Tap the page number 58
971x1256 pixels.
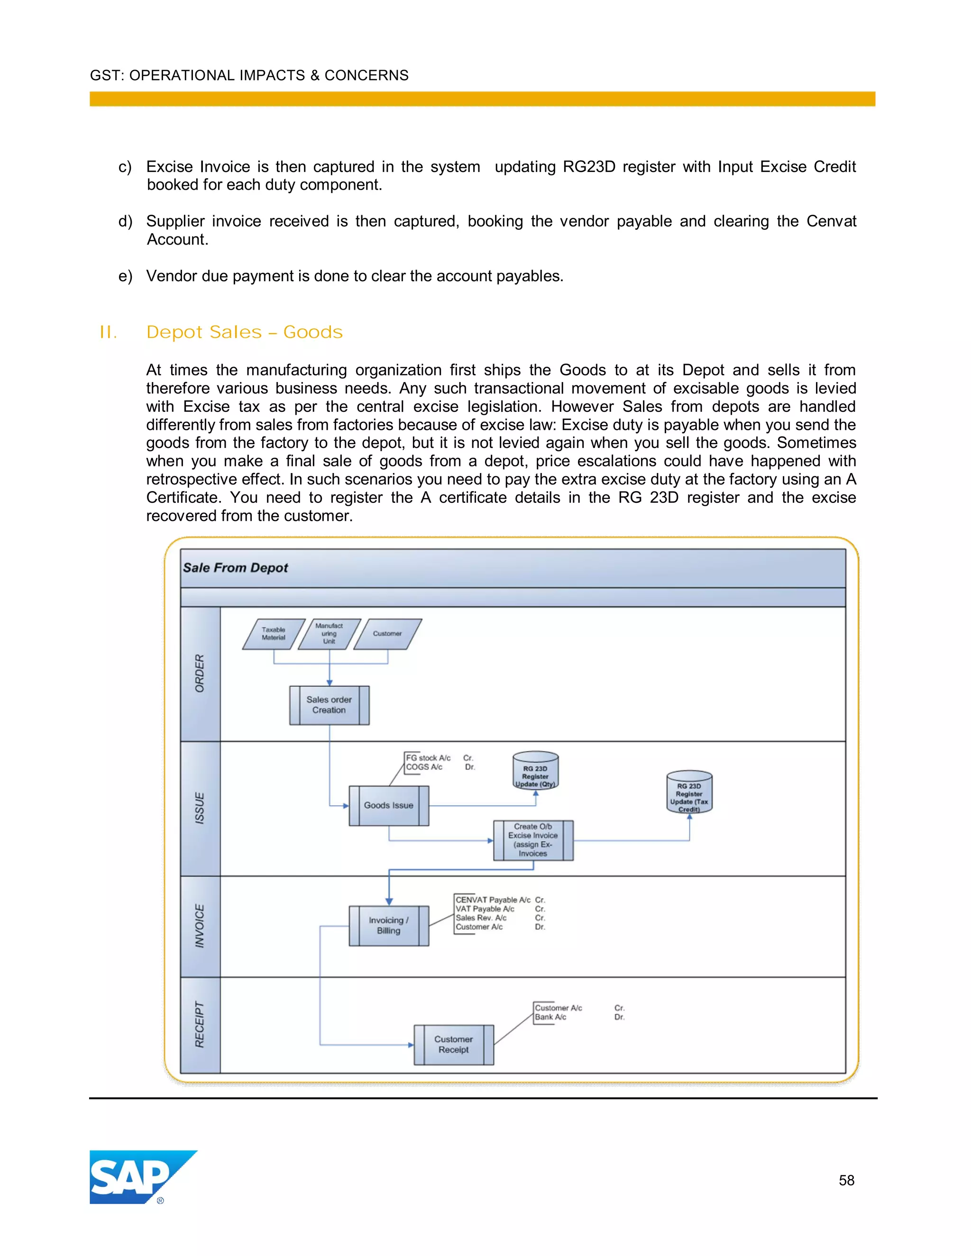click(x=846, y=1180)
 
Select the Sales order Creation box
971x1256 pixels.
click(x=329, y=705)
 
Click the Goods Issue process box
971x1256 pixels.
click(x=389, y=805)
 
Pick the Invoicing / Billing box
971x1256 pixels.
click(x=389, y=925)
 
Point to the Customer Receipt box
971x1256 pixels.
click(x=454, y=1044)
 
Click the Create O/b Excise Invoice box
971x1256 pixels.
click(x=533, y=840)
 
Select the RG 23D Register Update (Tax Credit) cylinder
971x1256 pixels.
click(x=689, y=792)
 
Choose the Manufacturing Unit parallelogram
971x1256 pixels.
click(x=329, y=634)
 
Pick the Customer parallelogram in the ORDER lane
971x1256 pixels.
click(x=387, y=634)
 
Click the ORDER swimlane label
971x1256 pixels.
click(x=200, y=674)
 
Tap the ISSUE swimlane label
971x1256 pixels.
click(x=200, y=808)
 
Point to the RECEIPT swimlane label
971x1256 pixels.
click(x=200, y=1025)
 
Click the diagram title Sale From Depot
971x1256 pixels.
click(x=235, y=568)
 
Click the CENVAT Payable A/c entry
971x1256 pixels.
click(x=493, y=900)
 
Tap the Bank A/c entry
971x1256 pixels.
click(x=550, y=1017)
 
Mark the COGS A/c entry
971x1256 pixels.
click(x=424, y=767)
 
